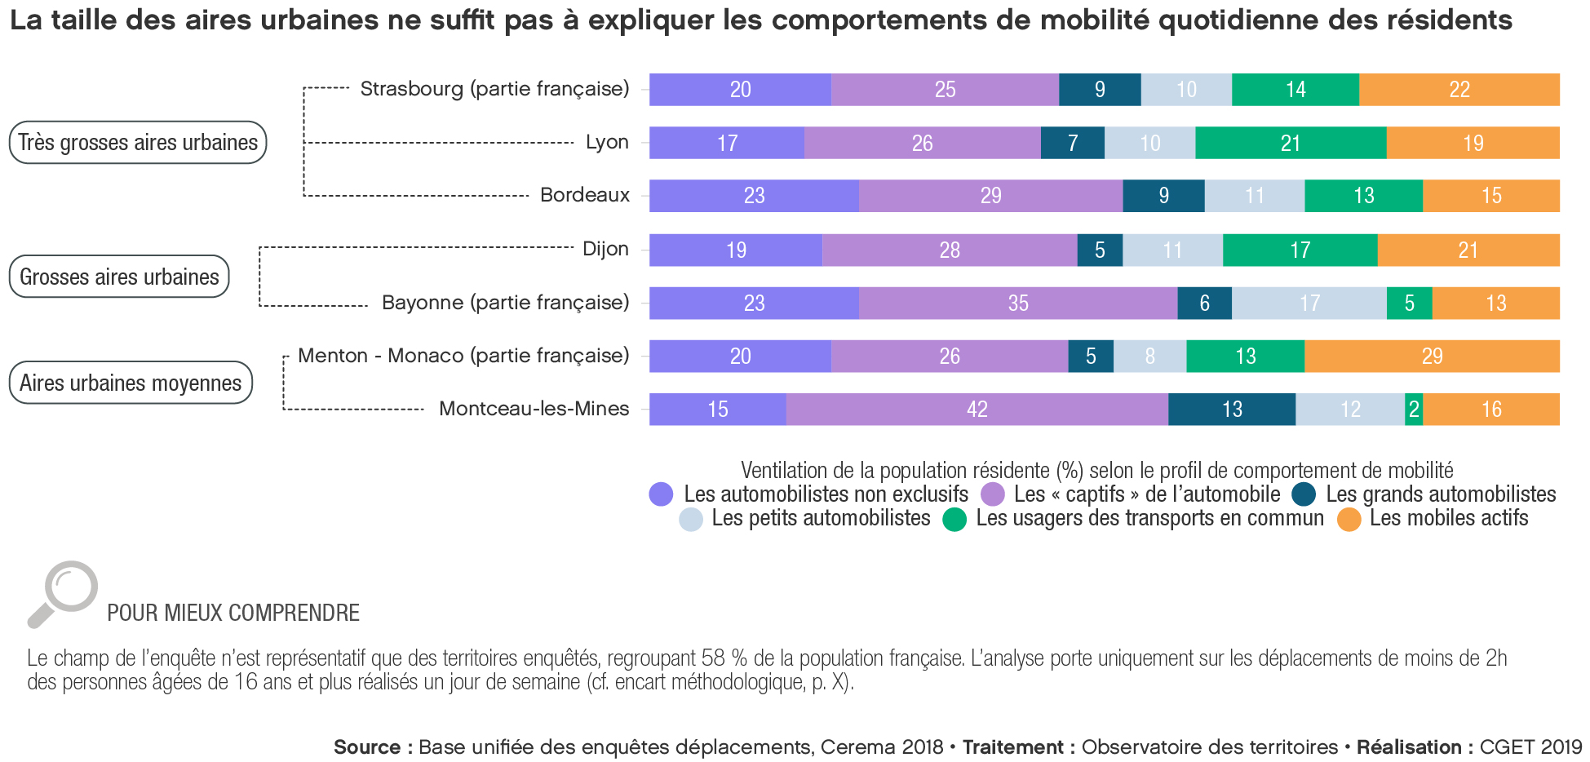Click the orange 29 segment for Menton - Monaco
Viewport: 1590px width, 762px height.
click(1432, 357)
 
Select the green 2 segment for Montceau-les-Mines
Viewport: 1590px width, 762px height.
click(1414, 410)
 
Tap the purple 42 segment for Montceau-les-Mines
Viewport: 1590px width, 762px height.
click(977, 410)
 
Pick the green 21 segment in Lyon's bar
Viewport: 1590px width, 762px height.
click(1291, 144)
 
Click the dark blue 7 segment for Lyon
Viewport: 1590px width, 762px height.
click(1073, 144)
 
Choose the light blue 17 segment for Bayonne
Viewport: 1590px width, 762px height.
click(1309, 303)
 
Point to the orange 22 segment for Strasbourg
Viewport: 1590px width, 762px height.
click(1459, 90)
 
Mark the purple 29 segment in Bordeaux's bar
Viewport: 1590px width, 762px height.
click(990, 196)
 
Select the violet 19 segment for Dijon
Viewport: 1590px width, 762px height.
click(736, 250)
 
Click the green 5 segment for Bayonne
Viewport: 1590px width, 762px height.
click(1409, 303)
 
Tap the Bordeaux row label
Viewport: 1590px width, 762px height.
click(585, 195)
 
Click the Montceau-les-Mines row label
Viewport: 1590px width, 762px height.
click(534, 409)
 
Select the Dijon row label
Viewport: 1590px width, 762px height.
click(605, 249)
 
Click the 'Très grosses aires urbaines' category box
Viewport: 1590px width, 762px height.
click(138, 143)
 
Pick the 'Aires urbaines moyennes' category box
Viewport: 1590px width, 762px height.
click(131, 383)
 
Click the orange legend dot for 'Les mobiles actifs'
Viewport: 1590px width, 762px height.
click(1349, 520)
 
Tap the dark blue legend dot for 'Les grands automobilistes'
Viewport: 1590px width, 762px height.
click(1304, 494)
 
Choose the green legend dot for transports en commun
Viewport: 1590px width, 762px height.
click(954, 520)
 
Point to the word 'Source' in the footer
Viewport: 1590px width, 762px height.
click(366, 747)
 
